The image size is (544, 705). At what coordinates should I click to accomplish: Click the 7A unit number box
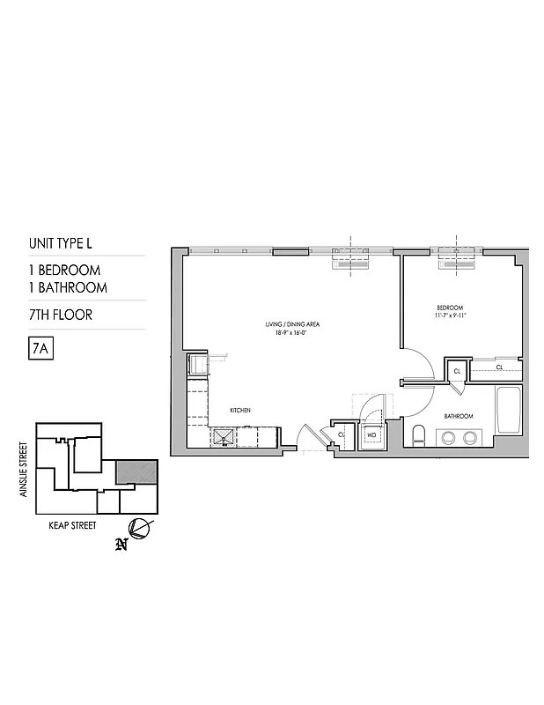[38, 348]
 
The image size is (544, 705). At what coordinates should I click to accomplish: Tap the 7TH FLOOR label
[61, 315]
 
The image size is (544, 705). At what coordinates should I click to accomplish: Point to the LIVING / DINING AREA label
[292, 324]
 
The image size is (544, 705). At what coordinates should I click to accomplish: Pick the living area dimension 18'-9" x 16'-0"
[292, 333]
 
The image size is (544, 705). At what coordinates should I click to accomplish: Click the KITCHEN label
[241, 411]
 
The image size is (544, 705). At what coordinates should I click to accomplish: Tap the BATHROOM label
[459, 416]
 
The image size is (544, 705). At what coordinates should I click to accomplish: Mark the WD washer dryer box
[371, 434]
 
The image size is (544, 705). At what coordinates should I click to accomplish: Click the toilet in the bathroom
[420, 434]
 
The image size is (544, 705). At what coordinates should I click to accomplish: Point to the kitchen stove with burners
[223, 435]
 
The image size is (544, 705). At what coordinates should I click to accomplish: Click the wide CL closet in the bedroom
[498, 367]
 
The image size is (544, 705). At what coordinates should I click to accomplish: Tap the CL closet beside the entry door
[341, 434]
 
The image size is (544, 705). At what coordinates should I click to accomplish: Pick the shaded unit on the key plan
[138, 471]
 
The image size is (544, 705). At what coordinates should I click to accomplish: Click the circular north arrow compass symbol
[139, 529]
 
